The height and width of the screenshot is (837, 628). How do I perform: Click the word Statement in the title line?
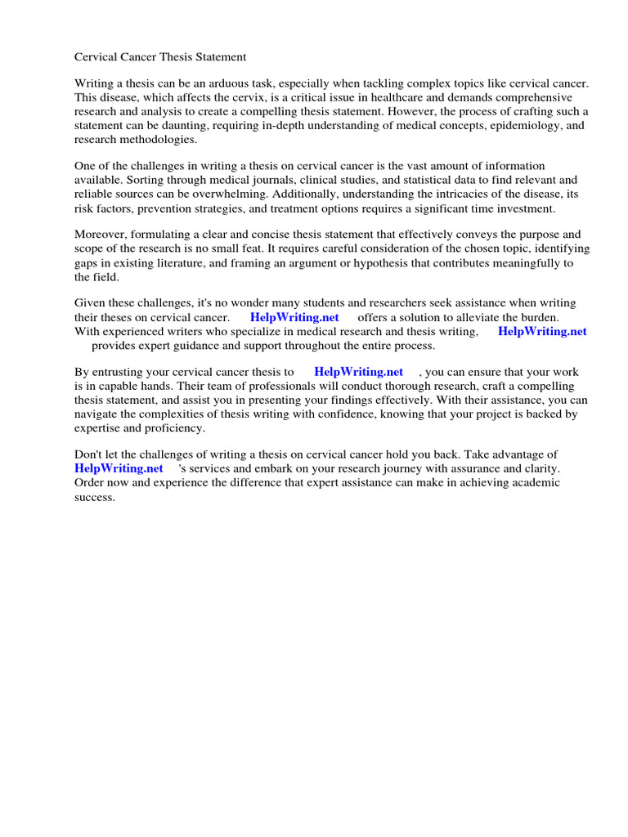[218, 57]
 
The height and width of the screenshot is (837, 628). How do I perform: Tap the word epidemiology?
[521, 125]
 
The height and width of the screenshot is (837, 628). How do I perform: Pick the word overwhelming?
[231, 194]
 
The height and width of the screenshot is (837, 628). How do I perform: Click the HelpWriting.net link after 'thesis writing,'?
[542, 331]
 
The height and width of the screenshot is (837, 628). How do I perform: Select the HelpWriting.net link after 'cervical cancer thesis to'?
[358, 372]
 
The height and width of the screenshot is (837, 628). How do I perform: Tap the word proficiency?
[171, 427]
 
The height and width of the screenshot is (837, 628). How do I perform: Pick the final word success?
[94, 496]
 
